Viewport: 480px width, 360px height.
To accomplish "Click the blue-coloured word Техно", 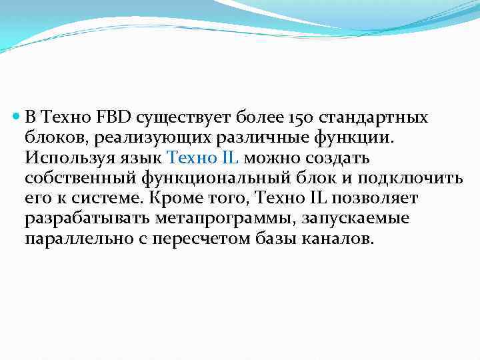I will pos(187,158).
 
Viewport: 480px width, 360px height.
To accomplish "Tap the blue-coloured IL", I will pos(226,158).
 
